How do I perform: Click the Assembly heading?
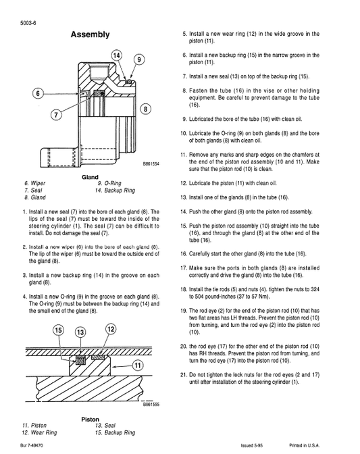tap(90, 34)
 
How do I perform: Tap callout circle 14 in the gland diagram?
tap(117, 55)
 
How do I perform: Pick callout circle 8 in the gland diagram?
tap(144, 109)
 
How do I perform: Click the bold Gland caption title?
tap(91, 177)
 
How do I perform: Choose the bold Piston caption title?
tap(91, 419)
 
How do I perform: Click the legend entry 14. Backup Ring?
tap(118, 191)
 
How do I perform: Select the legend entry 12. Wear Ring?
tap(40, 432)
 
